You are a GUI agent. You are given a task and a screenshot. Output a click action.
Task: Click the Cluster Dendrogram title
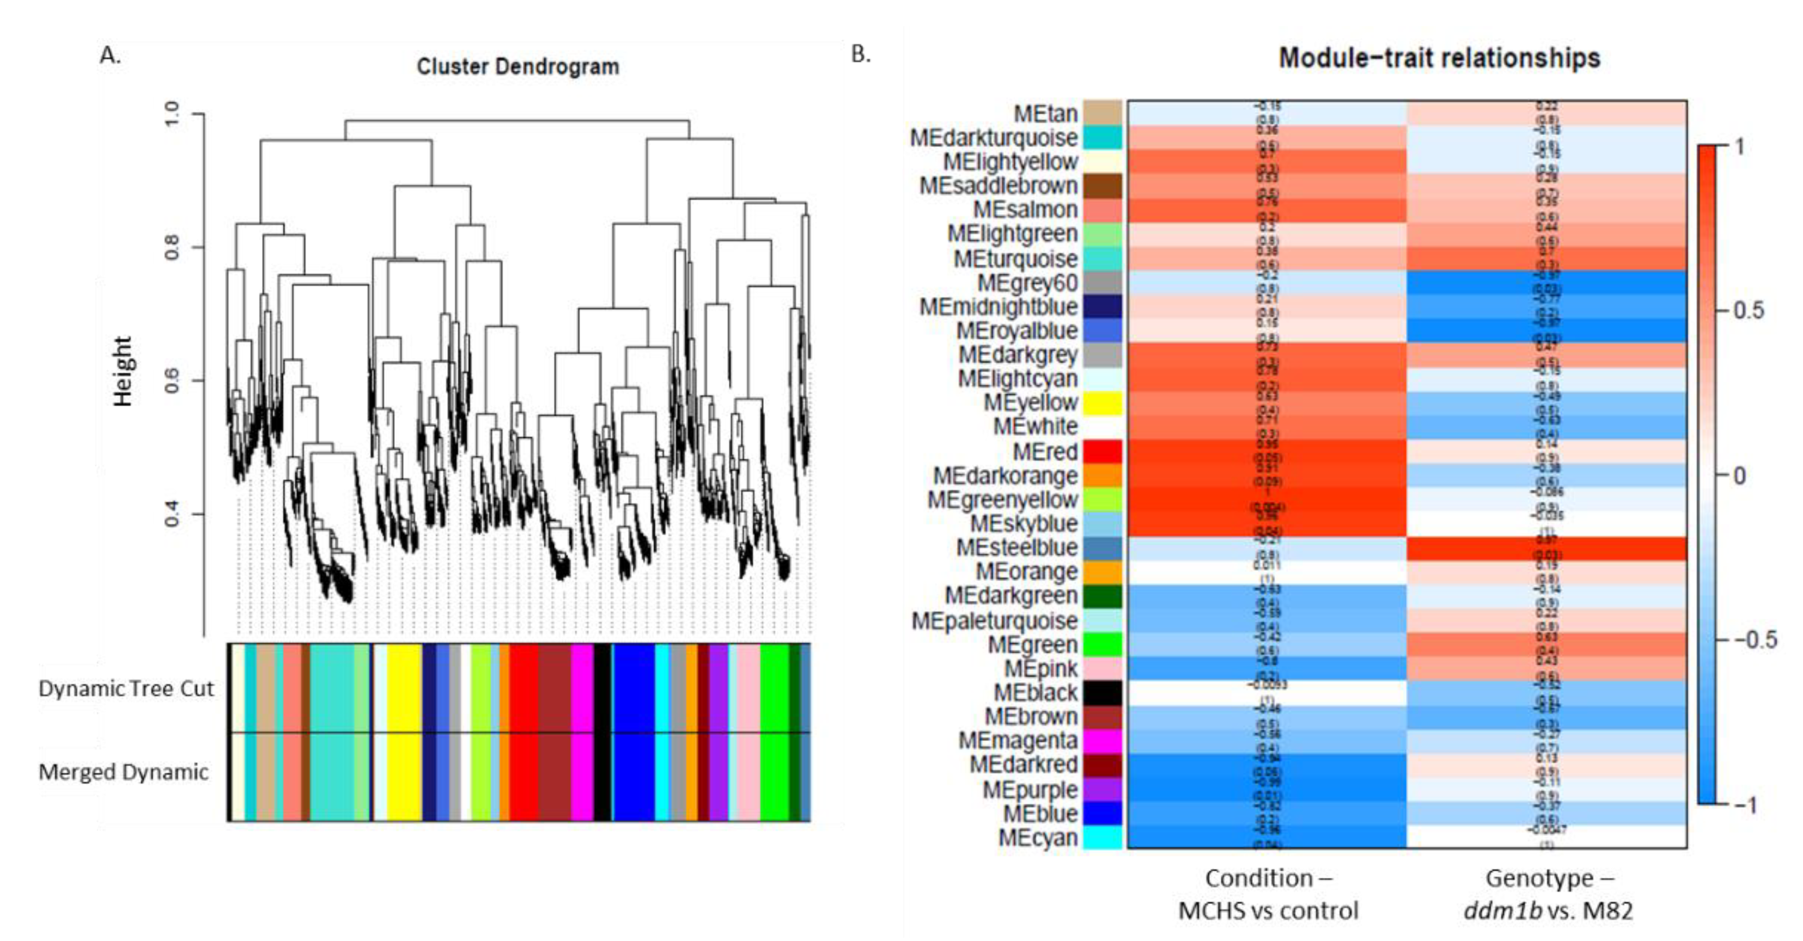pyautogui.click(x=518, y=66)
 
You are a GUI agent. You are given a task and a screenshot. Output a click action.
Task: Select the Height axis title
pyautogui.click(x=123, y=371)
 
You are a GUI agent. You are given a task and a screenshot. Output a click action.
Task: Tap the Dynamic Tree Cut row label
pyautogui.click(x=126, y=688)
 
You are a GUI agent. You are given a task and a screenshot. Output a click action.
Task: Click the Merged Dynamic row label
pyautogui.click(x=123, y=772)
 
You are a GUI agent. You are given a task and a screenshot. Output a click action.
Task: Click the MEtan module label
pyautogui.click(x=1046, y=113)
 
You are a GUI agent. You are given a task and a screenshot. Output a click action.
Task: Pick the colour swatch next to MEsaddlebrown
pyautogui.click(x=1102, y=186)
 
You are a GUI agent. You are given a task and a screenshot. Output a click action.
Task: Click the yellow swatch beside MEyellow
pyautogui.click(x=1102, y=403)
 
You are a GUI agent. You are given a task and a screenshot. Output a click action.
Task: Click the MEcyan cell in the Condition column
pyautogui.click(x=1267, y=837)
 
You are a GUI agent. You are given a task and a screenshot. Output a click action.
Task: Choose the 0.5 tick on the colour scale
pyautogui.click(x=1747, y=310)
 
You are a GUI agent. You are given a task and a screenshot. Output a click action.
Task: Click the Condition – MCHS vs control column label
pyautogui.click(x=1268, y=894)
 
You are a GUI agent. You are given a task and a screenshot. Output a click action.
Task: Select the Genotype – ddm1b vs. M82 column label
pyautogui.click(x=1548, y=894)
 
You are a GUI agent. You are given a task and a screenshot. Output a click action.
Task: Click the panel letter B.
pyautogui.click(x=861, y=54)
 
